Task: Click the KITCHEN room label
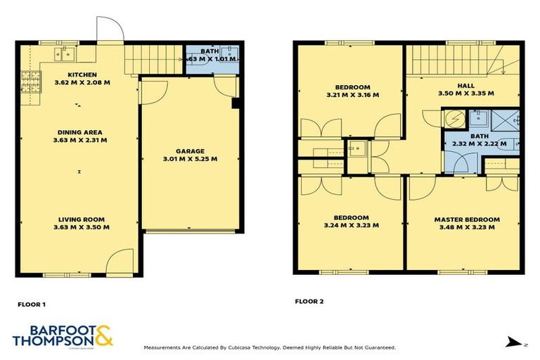coord(82,75)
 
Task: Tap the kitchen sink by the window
coord(67,51)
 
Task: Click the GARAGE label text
coord(190,151)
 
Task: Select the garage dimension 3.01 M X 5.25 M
coord(190,159)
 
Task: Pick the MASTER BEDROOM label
coord(467,219)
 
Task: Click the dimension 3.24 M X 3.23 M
coord(352,226)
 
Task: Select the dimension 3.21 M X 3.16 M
coord(352,95)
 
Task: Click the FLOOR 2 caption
coord(309,302)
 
